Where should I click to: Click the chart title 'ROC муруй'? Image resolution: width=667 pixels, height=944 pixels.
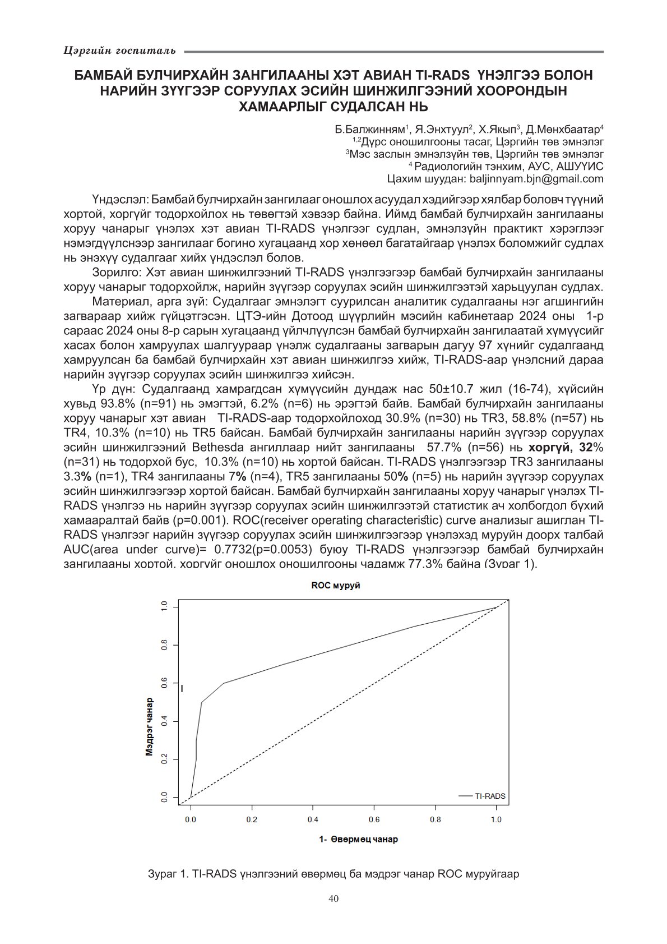336,585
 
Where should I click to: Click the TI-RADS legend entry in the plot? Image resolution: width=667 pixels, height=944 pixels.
490,796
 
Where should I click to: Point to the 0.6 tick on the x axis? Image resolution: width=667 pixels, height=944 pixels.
374,819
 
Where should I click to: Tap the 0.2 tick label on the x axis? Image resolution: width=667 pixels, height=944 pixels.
252,819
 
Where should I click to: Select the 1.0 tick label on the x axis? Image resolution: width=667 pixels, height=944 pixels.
496,819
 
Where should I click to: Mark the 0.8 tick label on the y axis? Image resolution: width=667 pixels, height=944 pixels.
164,645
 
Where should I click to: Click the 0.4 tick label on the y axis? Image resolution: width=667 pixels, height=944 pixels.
164,721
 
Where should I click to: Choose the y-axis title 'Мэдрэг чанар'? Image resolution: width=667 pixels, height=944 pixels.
150,727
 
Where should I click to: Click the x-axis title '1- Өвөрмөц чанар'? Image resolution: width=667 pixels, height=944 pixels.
358,840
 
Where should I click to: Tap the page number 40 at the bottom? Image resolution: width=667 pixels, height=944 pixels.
333,899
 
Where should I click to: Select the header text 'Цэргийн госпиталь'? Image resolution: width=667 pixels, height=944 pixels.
119,51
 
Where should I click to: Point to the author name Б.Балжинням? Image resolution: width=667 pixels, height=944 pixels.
370,130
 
